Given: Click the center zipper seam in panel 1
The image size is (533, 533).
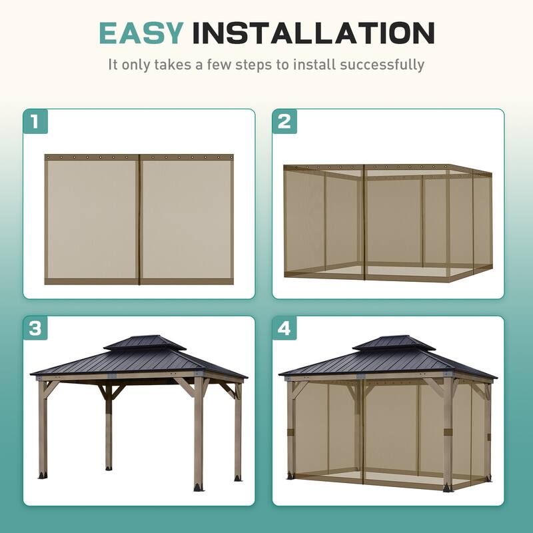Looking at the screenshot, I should [139, 220].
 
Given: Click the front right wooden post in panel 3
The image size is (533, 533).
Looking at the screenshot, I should [199, 433].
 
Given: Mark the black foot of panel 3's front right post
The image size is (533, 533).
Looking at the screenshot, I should [199, 486].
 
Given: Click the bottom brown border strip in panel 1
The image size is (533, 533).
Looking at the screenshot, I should [139, 281].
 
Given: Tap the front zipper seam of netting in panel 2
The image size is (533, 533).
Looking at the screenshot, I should [364, 223].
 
